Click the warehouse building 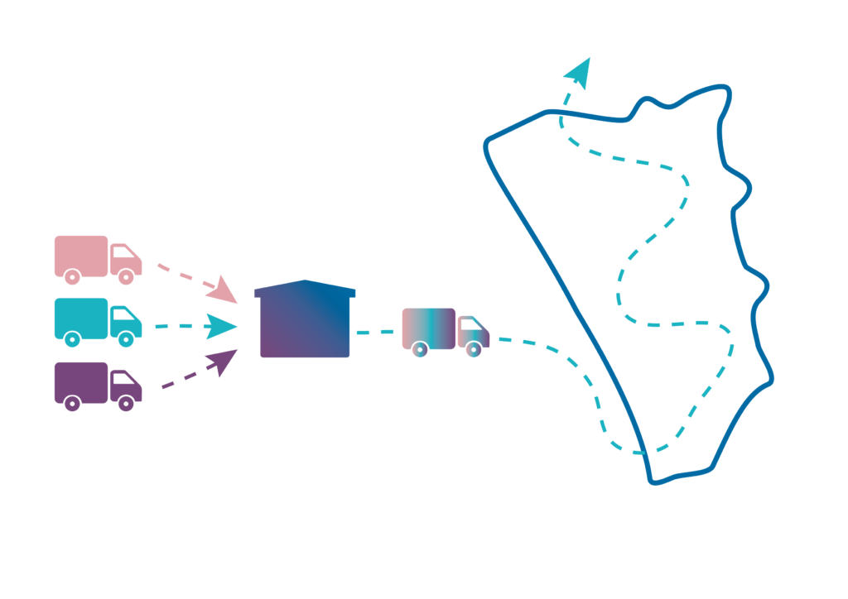click(x=305, y=323)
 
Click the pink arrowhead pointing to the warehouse click(x=222, y=290)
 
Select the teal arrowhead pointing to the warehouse click(x=221, y=326)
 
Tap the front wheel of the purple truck click(x=126, y=404)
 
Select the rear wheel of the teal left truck click(x=72, y=340)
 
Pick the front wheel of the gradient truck click(x=474, y=351)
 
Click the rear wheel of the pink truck click(x=72, y=278)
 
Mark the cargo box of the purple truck click(x=80, y=381)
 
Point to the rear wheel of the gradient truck click(x=420, y=351)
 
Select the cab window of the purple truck click(x=122, y=379)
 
